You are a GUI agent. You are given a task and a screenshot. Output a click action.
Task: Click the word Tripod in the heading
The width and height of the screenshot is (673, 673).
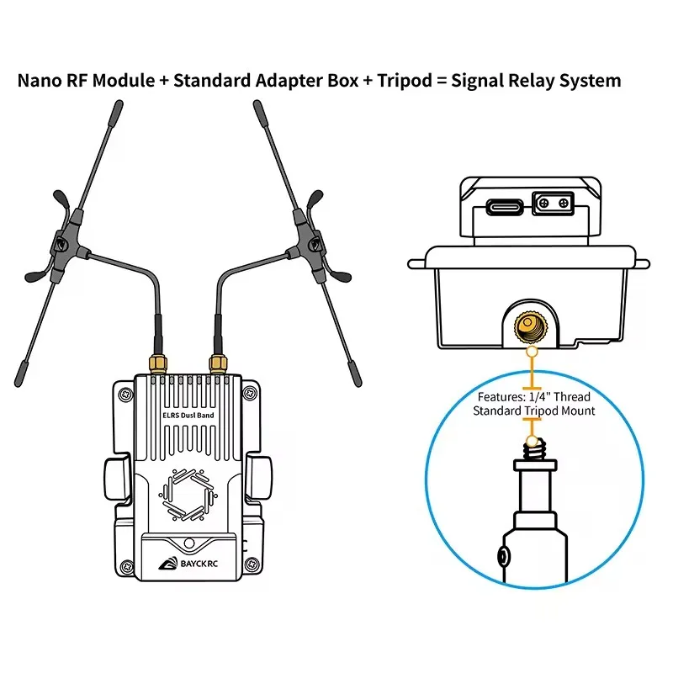405,81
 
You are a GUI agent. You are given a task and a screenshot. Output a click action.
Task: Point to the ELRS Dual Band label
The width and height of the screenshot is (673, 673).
188,415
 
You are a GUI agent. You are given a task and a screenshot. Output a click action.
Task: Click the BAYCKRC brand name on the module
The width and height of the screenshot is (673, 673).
199,564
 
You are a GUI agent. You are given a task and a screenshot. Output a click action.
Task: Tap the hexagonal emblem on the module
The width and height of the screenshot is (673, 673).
188,495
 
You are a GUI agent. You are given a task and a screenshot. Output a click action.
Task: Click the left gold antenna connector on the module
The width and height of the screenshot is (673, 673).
158,364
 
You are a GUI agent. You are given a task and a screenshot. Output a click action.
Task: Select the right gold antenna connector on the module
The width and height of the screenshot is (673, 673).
218,364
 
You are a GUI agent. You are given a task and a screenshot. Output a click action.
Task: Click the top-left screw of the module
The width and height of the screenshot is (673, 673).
125,394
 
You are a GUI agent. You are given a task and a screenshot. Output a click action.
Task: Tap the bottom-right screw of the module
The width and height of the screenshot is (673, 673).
252,564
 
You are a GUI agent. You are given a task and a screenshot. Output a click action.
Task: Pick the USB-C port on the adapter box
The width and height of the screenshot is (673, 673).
505,207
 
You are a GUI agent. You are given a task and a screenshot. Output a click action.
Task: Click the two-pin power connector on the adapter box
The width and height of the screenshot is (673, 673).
554,203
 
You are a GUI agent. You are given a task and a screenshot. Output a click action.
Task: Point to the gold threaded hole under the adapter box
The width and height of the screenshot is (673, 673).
531,328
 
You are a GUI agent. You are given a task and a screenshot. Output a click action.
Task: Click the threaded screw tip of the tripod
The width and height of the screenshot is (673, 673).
535,449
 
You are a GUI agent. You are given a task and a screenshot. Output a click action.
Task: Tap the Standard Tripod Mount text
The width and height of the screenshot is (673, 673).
534,411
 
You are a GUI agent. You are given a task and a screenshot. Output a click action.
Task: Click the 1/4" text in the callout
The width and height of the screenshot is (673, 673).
540,396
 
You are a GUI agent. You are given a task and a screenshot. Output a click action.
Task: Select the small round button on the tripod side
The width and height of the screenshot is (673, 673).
503,557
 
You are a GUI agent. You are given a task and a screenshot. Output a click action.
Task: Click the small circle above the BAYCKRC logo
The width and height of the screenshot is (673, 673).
188,543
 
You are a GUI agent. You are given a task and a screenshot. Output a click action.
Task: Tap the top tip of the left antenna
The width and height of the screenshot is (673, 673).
119,103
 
